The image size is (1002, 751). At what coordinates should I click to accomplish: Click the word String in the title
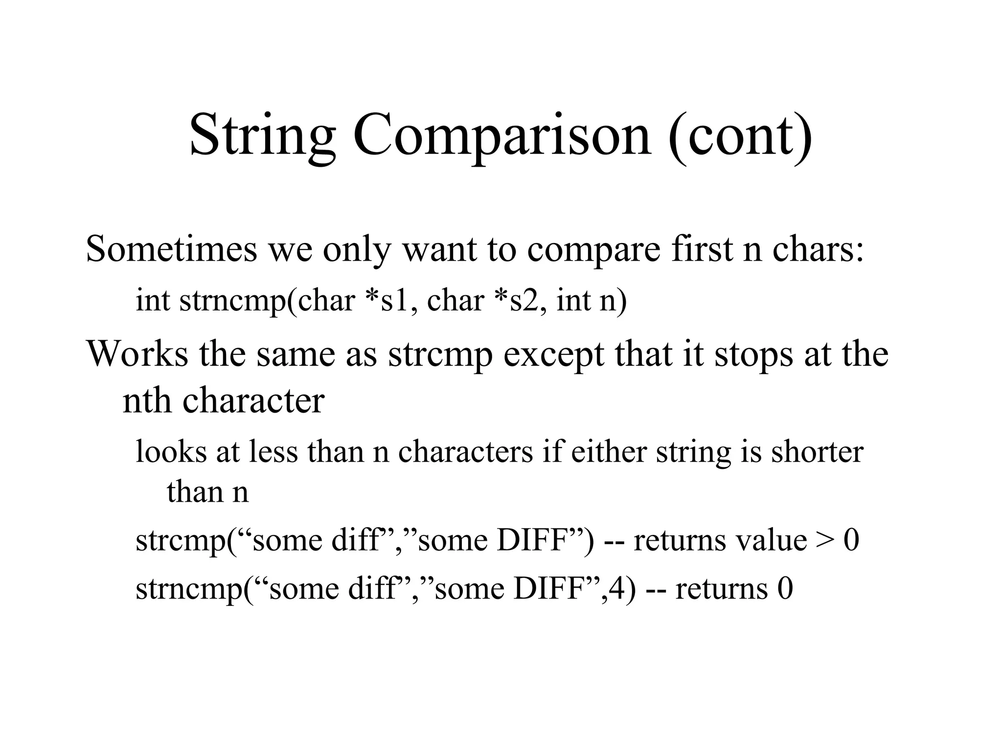tap(263, 134)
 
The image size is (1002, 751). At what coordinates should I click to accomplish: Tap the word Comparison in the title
tap(501, 134)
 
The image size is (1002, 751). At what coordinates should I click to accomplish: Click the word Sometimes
tap(171, 249)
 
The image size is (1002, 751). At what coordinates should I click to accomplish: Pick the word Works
tap(137, 353)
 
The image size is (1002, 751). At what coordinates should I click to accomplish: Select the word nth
tap(147, 400)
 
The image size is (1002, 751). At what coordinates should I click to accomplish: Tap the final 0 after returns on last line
tap(785, 588)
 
